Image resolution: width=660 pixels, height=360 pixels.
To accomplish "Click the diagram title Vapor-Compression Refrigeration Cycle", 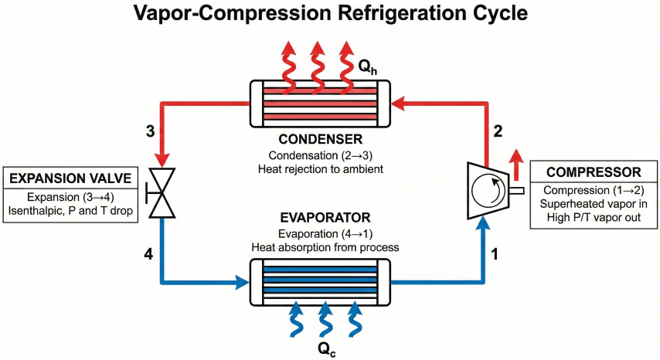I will [330, 14].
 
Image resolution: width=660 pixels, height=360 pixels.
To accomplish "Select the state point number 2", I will [498, 131].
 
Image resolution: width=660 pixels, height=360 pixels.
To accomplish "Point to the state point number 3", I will [151, 131].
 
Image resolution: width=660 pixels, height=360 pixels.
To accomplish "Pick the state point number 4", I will [151, 252].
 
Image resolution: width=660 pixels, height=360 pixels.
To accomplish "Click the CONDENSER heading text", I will [321, 140].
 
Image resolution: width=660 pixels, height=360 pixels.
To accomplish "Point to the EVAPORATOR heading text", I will [321, 218].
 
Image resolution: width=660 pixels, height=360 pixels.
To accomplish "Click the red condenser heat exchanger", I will [321, 103].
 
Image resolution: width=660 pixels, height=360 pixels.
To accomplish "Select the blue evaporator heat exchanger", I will [321, 283].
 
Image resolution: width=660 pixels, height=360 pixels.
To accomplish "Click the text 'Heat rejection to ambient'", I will [321, 169].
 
